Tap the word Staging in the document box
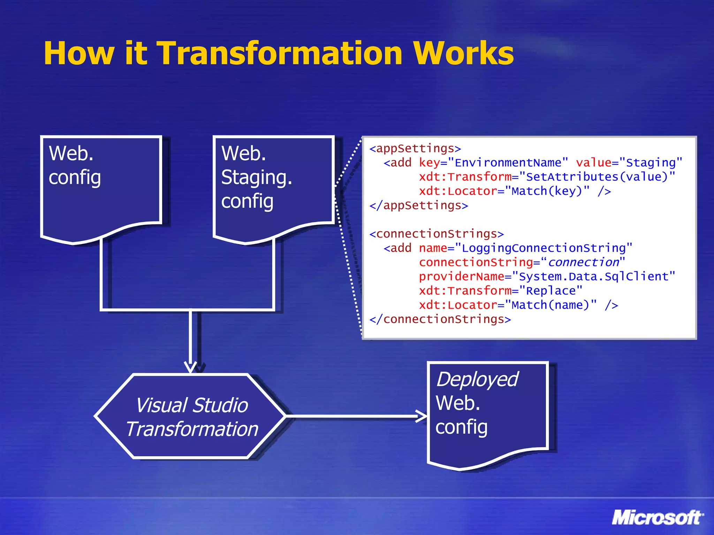pos(256,178)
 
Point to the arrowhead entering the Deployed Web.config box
pos(422,416)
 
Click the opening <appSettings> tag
pos(415,149)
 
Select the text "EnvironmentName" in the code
pos(508,163)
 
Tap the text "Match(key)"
pos(547,191)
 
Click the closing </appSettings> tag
pos(418,206)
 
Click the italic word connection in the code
pos(583,262)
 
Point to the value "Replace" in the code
pos(550,291)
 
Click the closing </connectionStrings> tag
pos(440,319)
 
